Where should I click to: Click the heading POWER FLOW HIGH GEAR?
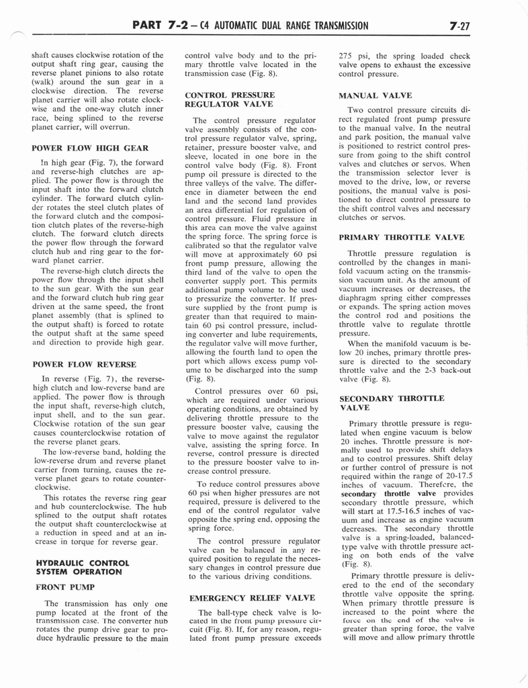click(x=89, y=148)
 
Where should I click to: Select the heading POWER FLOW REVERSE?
click(x=84, y=364)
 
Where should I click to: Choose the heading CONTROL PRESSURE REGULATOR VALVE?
click(x=228, y=100)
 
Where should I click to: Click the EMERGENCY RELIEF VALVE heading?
click(x=252, y=597)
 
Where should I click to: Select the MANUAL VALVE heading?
click(x=376, y=96)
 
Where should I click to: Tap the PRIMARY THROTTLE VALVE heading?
click(x=401, y=237)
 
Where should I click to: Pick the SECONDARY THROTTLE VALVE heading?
click(x=392, y=402)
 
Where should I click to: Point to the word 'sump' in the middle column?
click(x=306, y=369)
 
